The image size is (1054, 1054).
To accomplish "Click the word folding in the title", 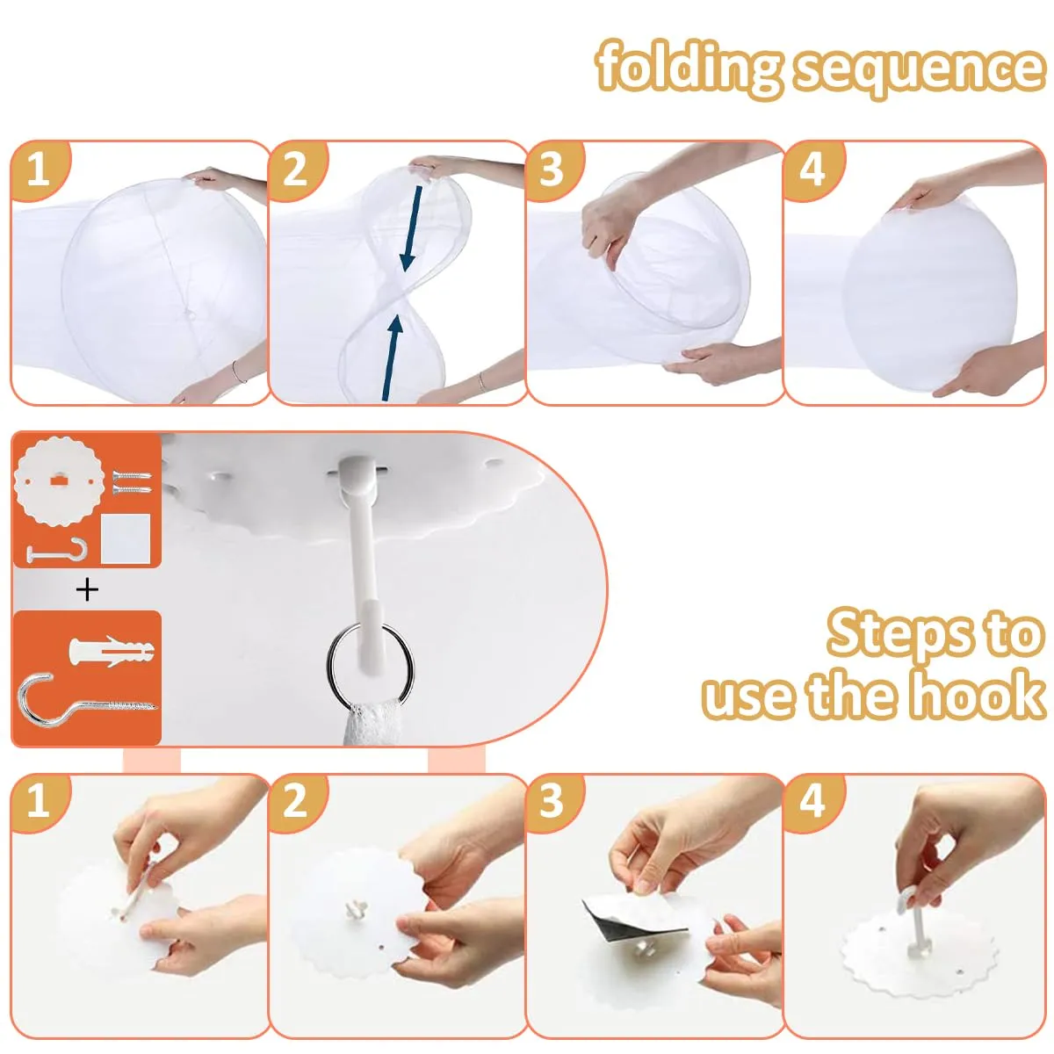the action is coord(688,69).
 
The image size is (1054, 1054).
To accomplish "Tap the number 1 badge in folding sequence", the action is coord(40,169).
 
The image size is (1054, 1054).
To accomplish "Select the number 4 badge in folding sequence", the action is coord(813,169).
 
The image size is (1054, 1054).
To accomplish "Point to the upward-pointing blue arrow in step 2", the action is coord(392,359).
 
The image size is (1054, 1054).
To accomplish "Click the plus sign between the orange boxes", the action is coord(87,589).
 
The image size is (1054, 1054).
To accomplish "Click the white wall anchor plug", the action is coord(112,651).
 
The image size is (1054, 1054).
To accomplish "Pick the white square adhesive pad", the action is coord(126,538).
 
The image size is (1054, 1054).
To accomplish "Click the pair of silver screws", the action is coord(132,482).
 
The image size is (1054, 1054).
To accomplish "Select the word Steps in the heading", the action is coord(899,632).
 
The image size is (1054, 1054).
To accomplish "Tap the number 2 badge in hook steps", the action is coord(297,801).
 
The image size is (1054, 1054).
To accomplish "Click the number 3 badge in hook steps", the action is coord(552,801).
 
